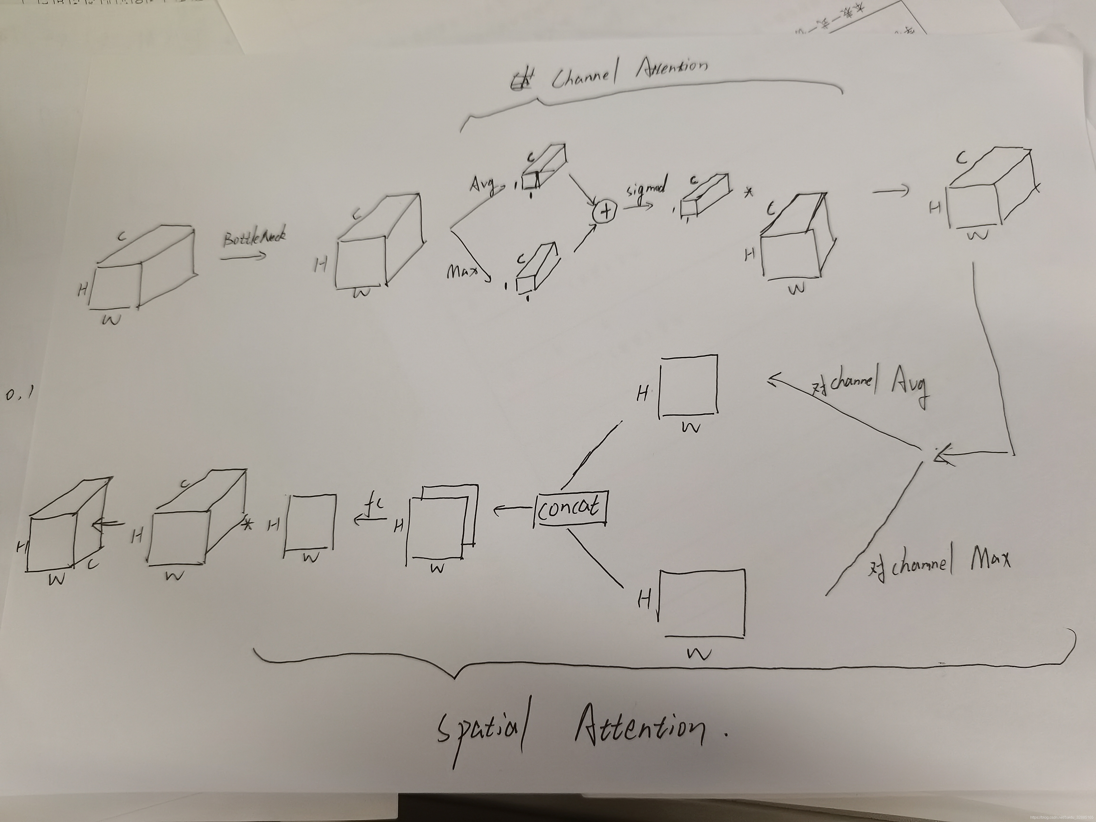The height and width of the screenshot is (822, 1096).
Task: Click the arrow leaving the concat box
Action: coord(512,508)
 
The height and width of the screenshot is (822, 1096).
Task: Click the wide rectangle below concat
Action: coord(703,603)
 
